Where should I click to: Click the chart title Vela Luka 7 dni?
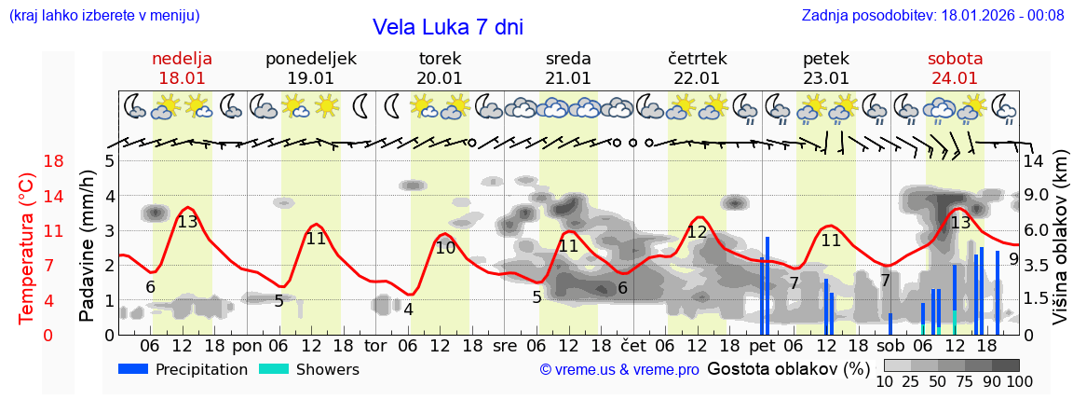pyautogui.click(x=448, y=27)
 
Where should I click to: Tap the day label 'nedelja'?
pyautogui.click(x=183, y=59)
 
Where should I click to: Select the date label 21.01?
pyautogui.click(x=568, y=78)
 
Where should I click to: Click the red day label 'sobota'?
pyautogui.click(x=955, y=59)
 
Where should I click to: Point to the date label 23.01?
pyautogui.click(x=825, y=78)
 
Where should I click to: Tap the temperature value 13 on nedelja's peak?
pyautogui.click(x=187, y=222)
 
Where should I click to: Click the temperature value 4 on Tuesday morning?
pyautogui.click(x=408, y=310)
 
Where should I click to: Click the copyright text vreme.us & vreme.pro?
pyautogui.click(x=619, y=370)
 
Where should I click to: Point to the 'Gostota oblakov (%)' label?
pyautogui.click(x=788, y=369)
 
